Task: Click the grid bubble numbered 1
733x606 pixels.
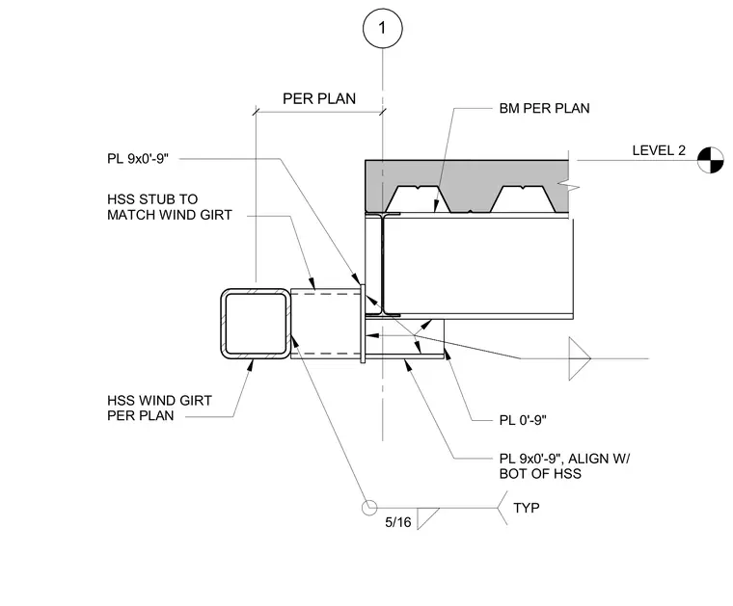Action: point(382,28)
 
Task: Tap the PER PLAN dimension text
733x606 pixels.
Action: point(319,99)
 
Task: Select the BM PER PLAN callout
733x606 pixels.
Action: point(544,108)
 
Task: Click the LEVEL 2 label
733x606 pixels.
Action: point(659,150)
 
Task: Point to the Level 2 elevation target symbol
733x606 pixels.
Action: point(710,160)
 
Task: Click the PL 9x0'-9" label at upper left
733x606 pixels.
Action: point(137,159)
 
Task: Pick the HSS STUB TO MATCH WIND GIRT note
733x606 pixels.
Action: point(169,207)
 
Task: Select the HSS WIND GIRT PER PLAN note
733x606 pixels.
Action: point(159,408)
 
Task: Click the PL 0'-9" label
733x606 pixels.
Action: point(523,420)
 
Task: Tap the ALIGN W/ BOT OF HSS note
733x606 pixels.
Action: point(564,466)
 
